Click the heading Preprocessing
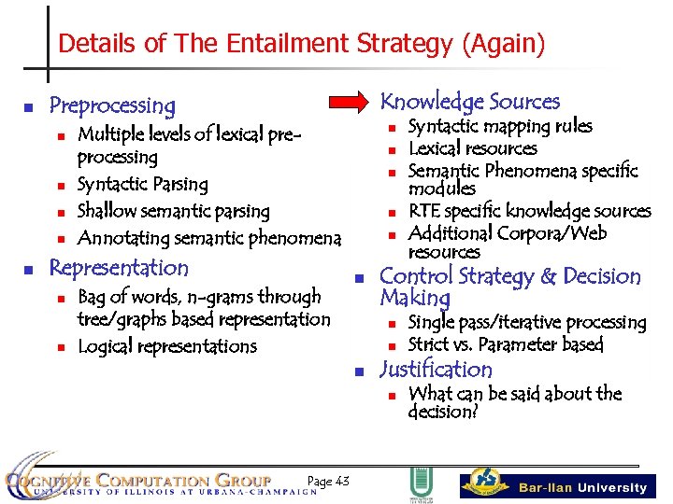click(x=112, y=105)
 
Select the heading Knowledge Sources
click(x=470, y=102)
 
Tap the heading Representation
click(x=119, y=268)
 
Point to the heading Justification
click(x=436, y=370)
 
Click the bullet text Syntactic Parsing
click(x=142, y=185)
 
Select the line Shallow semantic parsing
click(x=173, y=211)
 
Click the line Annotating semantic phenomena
click(x=208, y=238)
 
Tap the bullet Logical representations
click(x=166, y=346)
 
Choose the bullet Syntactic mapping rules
click(x=500, y=126)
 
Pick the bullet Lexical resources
click(x=473, y=148)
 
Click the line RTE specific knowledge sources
click(x=529, y=211)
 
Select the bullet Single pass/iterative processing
click(x=527, y=323)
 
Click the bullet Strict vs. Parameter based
click(x=506, y=344)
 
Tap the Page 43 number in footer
click(x=328, y=482)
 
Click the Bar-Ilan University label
click(x=582, y=487)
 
